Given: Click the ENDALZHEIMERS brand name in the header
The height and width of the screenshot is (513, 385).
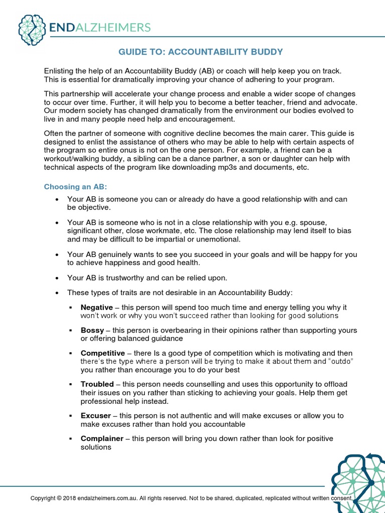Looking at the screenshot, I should pos(100,27).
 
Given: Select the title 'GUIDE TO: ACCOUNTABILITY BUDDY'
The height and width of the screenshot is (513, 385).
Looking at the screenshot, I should pos(201,52).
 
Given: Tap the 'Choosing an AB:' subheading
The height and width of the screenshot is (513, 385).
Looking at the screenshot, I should pos(75,187).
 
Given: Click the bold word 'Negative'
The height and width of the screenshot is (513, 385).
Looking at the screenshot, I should pos(97,307).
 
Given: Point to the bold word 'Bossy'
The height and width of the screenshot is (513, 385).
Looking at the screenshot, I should pos(92,330).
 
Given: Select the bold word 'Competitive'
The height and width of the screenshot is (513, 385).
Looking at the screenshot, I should pos(103,353).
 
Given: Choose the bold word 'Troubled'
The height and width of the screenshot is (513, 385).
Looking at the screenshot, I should pos(97,384).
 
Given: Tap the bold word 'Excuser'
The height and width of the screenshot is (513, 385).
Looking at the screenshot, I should pos(95,416).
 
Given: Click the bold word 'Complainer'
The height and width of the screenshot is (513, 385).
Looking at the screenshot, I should pos(102,438).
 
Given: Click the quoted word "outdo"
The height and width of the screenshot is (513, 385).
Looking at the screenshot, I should pos(341,361).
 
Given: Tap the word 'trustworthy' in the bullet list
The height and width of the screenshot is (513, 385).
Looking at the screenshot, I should pos(123,278).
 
